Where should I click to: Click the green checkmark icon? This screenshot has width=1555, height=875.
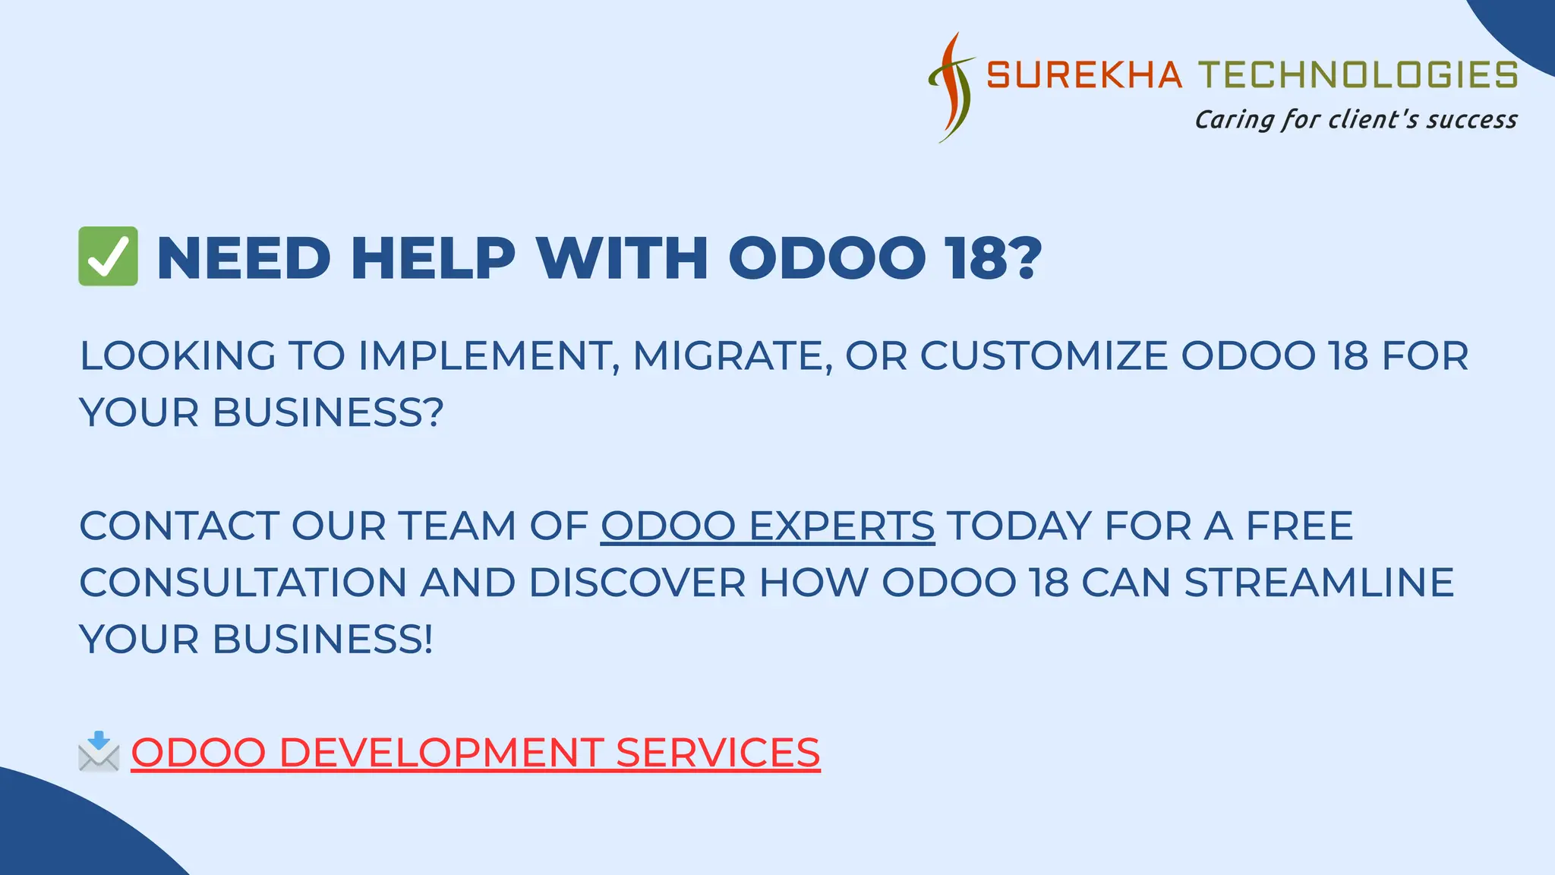point(108,257)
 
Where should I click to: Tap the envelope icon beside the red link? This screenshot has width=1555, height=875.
point(99,752)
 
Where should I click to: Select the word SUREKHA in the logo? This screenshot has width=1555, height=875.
point(1084,75)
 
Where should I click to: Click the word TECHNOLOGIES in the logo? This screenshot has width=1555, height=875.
point(1358,75)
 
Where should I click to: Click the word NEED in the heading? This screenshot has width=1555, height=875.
point(244,258)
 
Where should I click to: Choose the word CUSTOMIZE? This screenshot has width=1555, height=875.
point(1044,355)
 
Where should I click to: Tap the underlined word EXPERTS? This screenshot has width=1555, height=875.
point(841,526)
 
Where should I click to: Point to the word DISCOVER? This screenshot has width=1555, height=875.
point(637,583)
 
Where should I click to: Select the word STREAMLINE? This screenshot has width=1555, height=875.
point(1319,583)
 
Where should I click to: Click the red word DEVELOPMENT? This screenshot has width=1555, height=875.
point(441,753)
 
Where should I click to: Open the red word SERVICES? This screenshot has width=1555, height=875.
point(718,753)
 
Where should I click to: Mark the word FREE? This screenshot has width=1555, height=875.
point(1299,526)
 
